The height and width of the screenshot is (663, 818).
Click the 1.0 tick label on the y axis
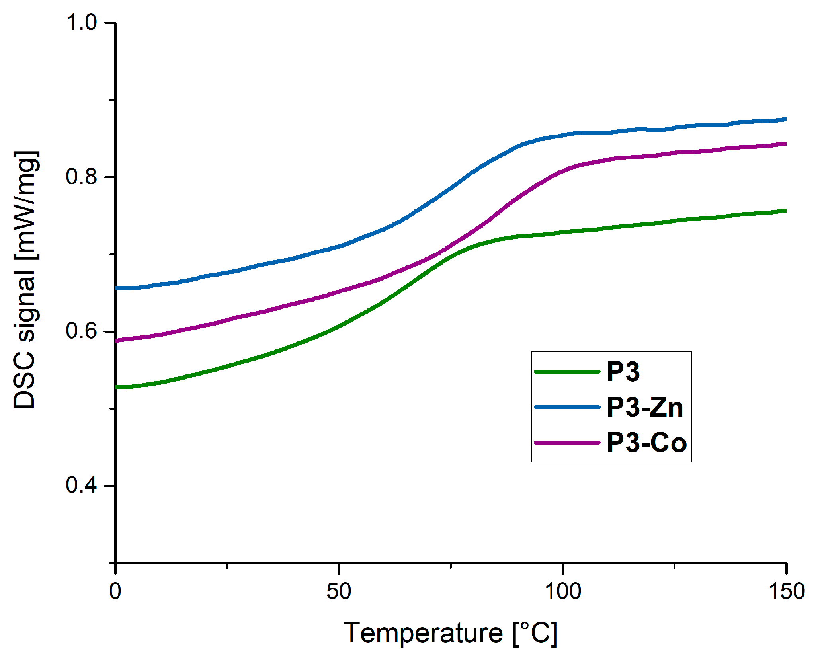point(81,22)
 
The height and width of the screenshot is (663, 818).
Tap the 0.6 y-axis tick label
point(81,331)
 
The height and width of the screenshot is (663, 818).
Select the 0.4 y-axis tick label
point(81,485)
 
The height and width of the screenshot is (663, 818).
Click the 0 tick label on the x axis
point(115,591)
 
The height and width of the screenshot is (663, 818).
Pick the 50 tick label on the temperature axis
point(339,591)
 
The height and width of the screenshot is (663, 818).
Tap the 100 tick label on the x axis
point(562,591)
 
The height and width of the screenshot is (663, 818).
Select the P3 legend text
point(623,372)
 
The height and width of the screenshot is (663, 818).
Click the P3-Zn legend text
point(644,408)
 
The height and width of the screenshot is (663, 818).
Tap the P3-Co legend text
point(646,443)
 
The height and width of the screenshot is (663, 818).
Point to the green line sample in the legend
point(567,372)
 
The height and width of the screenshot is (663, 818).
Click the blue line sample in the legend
point(567,407)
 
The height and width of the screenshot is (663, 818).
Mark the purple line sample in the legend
point(567,443)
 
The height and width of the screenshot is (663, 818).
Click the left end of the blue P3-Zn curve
point(116,288)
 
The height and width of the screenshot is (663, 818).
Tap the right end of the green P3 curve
point(785,211)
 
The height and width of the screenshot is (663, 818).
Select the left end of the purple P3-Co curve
point(116,341)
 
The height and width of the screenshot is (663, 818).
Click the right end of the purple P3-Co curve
point(785,144)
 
